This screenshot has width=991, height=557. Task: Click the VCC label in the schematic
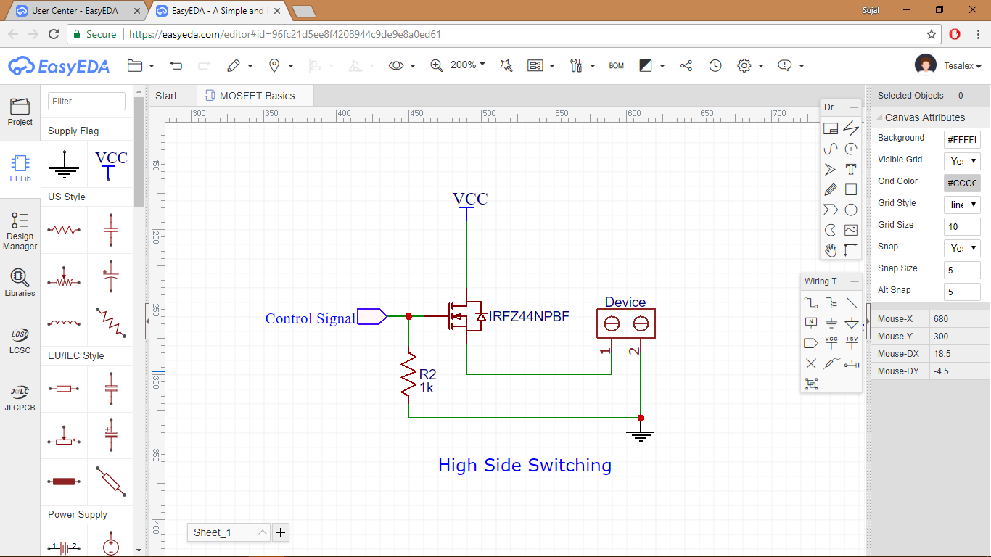(470, 199)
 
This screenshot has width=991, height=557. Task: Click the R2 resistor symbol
(408, 374)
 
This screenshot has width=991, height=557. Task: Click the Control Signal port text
(311, 318)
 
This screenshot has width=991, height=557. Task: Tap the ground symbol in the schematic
(641, 435)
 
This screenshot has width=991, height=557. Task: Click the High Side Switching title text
(525, 465)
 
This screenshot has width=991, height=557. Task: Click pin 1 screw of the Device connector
(612, 323)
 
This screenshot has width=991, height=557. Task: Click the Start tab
(166, 96)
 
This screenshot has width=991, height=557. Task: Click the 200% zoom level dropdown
(467, 65)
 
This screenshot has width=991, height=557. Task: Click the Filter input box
(86, 102)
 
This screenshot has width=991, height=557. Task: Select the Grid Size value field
(961, 226)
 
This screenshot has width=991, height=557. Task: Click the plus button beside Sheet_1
(281, 532)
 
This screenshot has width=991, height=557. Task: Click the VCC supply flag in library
(110, 164)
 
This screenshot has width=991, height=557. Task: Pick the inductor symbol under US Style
(64, 323)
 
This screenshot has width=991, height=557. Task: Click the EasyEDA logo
(59, 66)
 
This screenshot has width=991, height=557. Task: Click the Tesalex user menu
(962, 66)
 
